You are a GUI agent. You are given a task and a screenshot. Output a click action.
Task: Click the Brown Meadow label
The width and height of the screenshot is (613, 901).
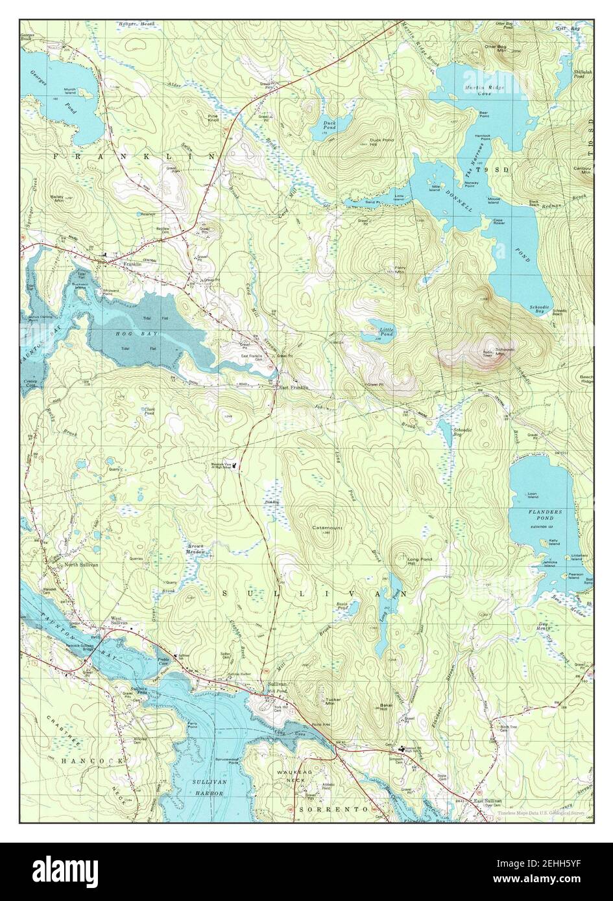(196, 549)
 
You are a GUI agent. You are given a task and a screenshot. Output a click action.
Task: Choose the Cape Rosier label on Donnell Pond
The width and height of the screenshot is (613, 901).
(499, 222)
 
